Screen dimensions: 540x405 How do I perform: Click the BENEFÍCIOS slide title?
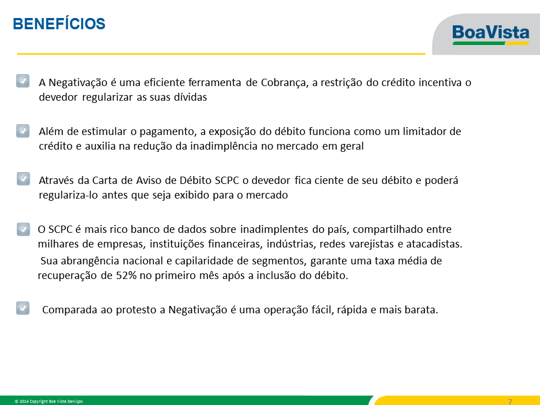(59, 24)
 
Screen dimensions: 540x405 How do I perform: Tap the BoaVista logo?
(490, 34)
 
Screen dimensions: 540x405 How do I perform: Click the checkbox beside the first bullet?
(22, 81)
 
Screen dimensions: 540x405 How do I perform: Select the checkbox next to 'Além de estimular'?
(22, 131)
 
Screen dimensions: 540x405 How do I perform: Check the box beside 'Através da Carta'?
(23, 179)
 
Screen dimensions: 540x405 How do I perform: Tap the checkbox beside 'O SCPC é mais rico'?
(23, 229)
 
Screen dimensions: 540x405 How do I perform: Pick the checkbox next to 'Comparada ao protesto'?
(22, 308)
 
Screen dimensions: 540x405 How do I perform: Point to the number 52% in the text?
(127, 276)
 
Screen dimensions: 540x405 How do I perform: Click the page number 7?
(510, 401)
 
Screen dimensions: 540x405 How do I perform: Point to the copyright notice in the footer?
(48, 401)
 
